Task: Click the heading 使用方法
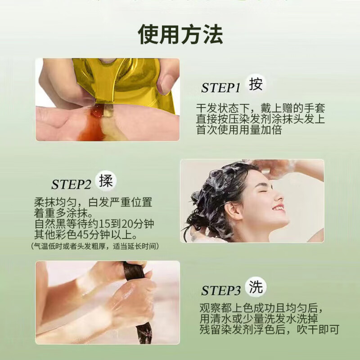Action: [180, 34]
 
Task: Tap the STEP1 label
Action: [221, 88]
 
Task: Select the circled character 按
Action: [256, 84]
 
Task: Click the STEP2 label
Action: [71, 184]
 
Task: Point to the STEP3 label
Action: [221, 291]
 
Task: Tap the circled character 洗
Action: [256, 287]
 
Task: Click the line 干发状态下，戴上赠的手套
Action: [261, 108]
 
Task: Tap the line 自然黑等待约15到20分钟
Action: [97, 224]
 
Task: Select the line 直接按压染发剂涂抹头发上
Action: [261, 119]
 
